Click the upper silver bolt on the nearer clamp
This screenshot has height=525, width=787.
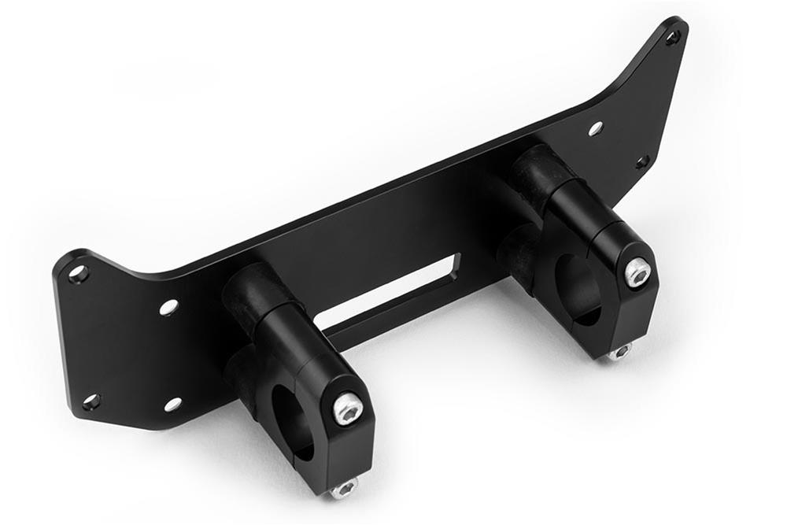pyautogui.click(x=347, y=409)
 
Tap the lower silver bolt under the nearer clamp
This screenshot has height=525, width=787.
pyautogui.click(x=344, y=490)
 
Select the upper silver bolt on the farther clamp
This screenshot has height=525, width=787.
pyautogui.click(x=638, y=272)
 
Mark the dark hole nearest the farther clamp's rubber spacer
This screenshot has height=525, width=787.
pyautogui.click(x=642, y=162)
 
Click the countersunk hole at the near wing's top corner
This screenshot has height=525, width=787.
pyautogui.click(x=78, y=274)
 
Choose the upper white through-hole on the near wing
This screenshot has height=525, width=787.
pyautogui.click(x=169, y=307)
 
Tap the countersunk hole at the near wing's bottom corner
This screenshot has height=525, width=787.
pyautogui.click(x=91, y=402)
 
